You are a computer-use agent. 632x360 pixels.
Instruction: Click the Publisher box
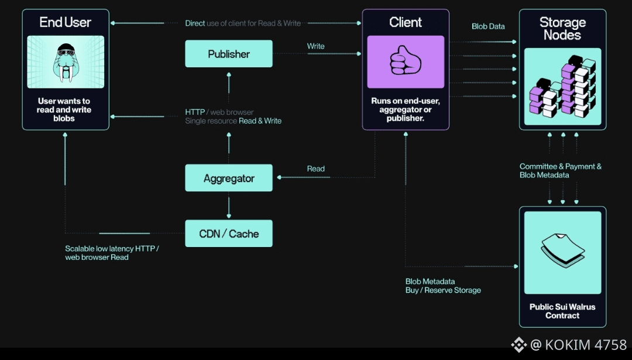tap(229, 54)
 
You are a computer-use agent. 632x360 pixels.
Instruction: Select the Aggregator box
tap(229, 179)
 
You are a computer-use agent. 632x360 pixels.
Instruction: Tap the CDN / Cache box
tap(229, 234)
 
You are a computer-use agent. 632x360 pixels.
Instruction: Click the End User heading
tap(66, 22)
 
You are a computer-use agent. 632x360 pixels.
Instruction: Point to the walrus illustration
tap(66, 62)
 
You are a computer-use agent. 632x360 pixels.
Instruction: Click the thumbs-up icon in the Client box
tap(406, 61)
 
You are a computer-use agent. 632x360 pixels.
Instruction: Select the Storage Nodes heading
tap(562, 29)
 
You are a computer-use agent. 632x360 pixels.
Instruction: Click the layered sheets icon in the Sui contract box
tap(562, 249)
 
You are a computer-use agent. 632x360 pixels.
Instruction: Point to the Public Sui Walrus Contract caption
tap(562, 311)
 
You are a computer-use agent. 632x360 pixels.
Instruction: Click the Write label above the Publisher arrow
tap(316, 46)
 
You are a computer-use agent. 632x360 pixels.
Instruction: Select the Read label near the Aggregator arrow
tap(316, 169)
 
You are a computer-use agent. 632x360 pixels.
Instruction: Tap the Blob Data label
tap(488, 26)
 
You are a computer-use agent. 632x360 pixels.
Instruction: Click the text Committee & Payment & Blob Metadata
tap(560, 170)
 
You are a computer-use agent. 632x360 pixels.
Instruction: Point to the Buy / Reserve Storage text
tap(443, 290)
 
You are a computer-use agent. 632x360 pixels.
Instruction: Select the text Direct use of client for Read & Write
tap(243, 23)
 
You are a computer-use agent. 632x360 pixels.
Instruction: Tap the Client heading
tap(406, 22)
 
